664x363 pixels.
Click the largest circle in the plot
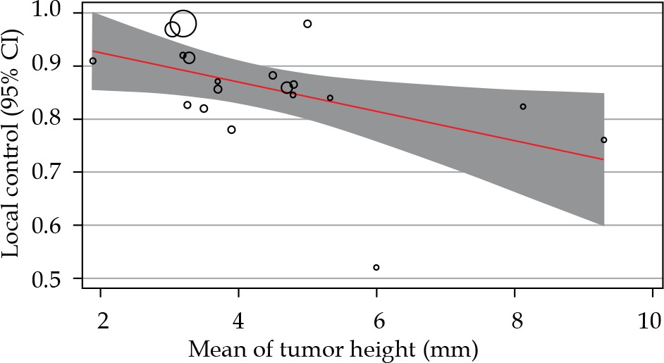pos(183,24)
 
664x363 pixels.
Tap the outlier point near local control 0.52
pos(376,268)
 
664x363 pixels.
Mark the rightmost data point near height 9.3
pos(604,140)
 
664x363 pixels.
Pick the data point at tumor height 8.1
pos(523,106)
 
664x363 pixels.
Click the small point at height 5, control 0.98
pos(307,24)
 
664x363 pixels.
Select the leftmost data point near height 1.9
pos(93,61)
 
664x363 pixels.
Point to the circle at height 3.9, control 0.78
pos(231,130)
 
